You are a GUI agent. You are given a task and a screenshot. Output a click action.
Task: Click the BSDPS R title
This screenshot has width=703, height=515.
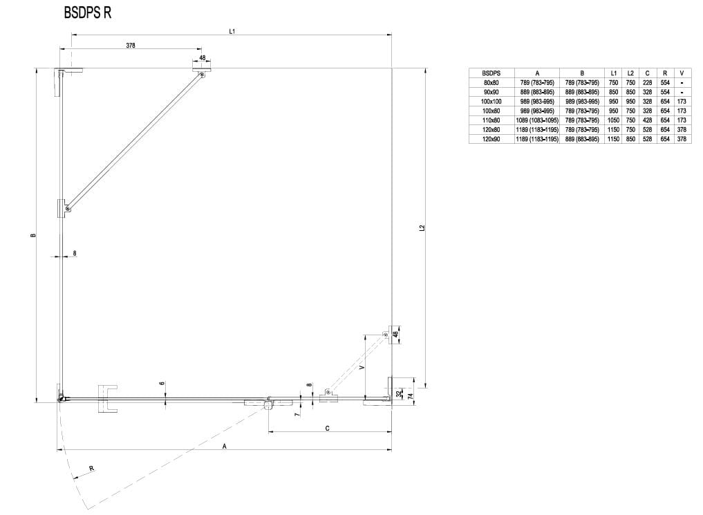tap(87, 13)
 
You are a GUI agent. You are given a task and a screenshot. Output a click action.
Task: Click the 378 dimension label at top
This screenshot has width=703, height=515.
tap(131, 45)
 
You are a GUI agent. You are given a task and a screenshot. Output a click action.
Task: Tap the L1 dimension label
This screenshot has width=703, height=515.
tap(232, 31)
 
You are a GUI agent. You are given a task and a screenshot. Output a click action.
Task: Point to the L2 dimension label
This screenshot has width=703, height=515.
tap(422, 227)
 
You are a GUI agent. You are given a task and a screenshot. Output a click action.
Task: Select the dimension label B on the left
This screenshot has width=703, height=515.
tap(32, 235)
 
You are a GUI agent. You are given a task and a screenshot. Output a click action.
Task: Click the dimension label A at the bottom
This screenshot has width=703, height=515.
tap(225, 446)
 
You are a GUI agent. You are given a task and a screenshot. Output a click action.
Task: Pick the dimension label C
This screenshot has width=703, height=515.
tap(327, 428)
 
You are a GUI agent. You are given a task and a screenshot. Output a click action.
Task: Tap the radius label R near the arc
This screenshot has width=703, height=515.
tap(91, 469)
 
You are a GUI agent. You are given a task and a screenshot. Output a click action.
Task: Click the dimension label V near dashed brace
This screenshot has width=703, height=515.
tap(362, 367)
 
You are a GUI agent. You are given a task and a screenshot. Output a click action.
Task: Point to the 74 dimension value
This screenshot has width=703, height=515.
tap(410, 396)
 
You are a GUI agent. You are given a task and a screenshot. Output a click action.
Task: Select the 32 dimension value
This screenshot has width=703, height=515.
tap(399, 394)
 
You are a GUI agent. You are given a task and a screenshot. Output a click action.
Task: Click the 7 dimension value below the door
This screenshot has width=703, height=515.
tap(297, 415)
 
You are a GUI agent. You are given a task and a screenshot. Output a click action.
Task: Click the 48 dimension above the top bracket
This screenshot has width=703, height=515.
tap(203, 58)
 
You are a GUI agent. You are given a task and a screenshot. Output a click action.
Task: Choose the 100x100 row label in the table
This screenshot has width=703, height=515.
tap(491, 102)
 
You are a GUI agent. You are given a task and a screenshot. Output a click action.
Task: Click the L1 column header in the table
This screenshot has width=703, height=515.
tap(613, 73)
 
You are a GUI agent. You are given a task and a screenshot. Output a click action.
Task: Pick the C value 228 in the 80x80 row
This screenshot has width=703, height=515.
tap(647, 82)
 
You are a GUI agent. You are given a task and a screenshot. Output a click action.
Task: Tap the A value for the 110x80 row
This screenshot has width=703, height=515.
tap(537, 120)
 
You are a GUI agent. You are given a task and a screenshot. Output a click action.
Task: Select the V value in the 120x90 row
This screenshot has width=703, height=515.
tap(682, 139)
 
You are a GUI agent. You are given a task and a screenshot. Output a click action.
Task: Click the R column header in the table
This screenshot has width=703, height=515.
tap(665, 73)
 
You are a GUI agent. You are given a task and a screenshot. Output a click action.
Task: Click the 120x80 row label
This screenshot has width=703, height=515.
tap(491, 129)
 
